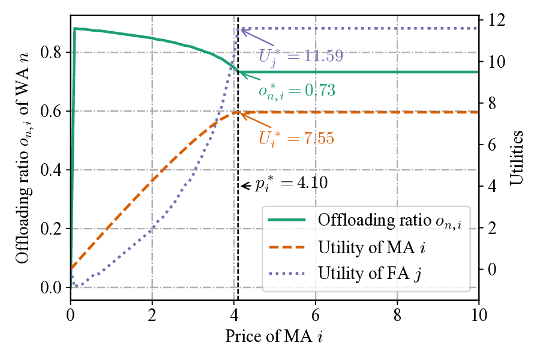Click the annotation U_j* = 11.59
click(x=301, y=56)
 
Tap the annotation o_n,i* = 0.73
click(x=296, y=91)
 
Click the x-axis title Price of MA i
click(x=274, y=337)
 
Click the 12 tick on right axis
click(x=496, y=20)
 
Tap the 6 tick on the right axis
click(x=492, y=145)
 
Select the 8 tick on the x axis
click(x=397, y=314)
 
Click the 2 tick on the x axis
click(x=152, y=314)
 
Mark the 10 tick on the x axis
click(x=478, y=314)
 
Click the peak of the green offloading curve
click(x=75, y=28)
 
